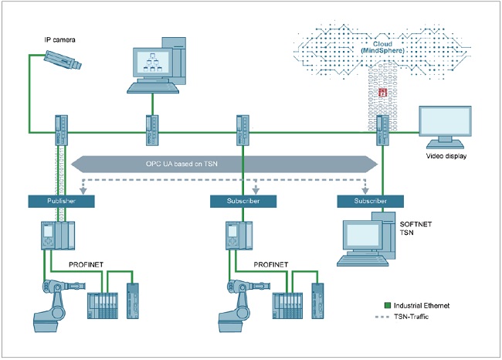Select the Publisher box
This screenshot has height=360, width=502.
pyautogui.click(x=62, y=201)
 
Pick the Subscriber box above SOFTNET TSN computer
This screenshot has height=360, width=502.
pyautogui.click(x=370, y=201)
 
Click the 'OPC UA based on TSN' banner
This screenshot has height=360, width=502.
pyautogui.click(x=225, y=164)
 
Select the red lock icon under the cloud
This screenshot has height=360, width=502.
pyautogui.click(x=382, y=93)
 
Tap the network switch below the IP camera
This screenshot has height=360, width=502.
pyautogui.click(x=61, y=129)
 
